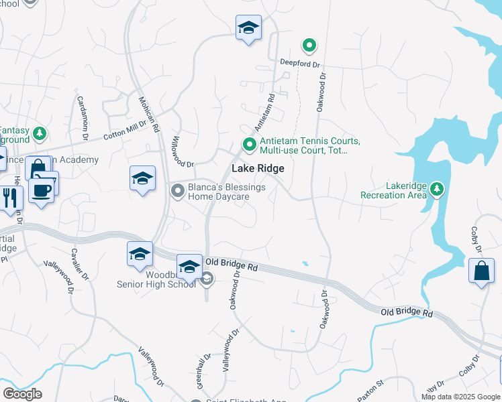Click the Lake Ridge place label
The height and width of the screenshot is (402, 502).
258,170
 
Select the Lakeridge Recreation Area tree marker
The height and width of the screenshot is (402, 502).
437,189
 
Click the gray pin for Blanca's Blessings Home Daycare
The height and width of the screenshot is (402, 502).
178,192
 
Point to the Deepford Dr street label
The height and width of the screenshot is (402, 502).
301,64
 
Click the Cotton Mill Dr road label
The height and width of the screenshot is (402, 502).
125,128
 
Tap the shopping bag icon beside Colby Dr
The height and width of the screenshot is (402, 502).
481,272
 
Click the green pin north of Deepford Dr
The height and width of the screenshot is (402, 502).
309,46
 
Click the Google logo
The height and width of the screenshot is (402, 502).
22,394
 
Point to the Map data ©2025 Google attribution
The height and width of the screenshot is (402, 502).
461,397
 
